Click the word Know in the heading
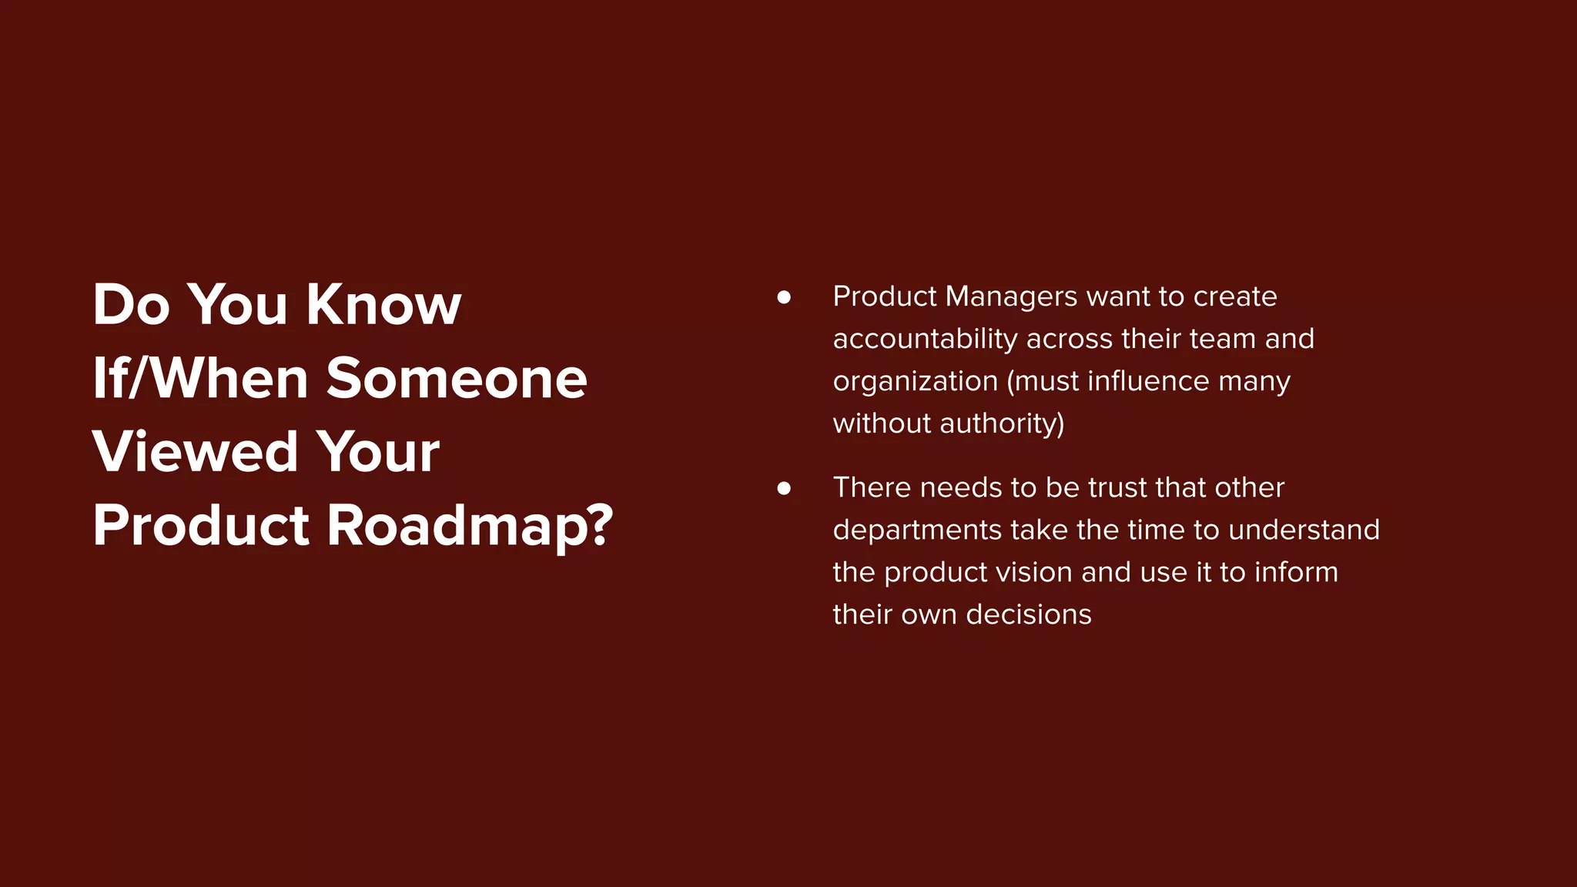tap(383, 305)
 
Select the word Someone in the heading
tap(457, 378)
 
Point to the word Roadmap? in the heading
tap(470, 526)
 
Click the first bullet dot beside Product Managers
tap(784, 297)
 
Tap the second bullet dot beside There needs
tap(784, 488)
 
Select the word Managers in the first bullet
tap(1011, 296)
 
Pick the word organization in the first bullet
tap(915, 381)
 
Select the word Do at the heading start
tap(131, 305)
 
